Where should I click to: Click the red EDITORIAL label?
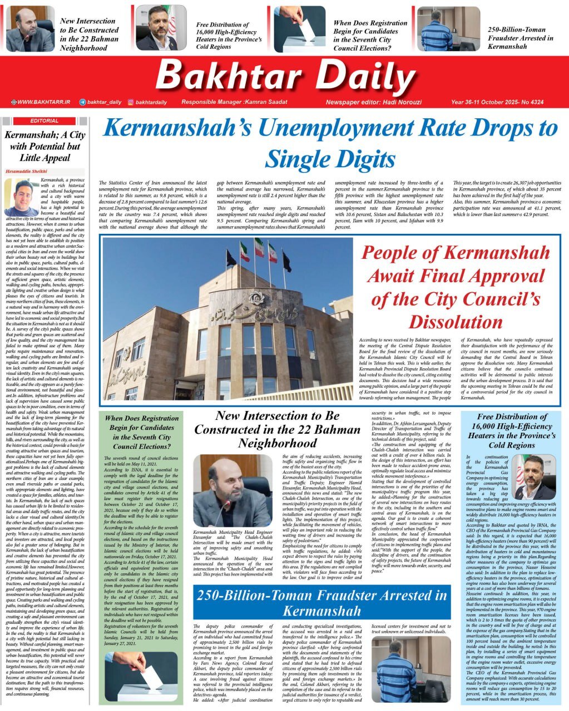click(x=44, y=121)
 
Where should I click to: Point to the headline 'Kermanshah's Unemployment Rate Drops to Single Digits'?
click(x=330, y=143)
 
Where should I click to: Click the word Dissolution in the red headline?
click(x=456, y=322)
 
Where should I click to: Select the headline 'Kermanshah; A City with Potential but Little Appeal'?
click(x=44, y=146)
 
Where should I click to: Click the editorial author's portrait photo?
click(x=22, y=198)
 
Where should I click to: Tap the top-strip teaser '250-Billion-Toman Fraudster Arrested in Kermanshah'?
click(x=520, y=38)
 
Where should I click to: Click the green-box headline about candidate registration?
click(x=141, y=432)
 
